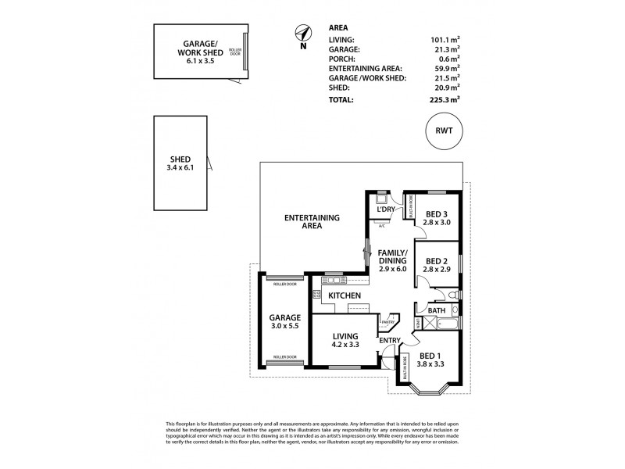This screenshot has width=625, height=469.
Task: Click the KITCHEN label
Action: tap(344, 295)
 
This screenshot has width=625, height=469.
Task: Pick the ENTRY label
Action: tap(390, 340)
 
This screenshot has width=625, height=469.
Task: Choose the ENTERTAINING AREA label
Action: tap(305, 221)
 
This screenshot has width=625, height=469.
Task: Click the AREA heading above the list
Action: tap(338, 27)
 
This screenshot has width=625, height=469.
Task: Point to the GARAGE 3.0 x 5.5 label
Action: tap(284, 322)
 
